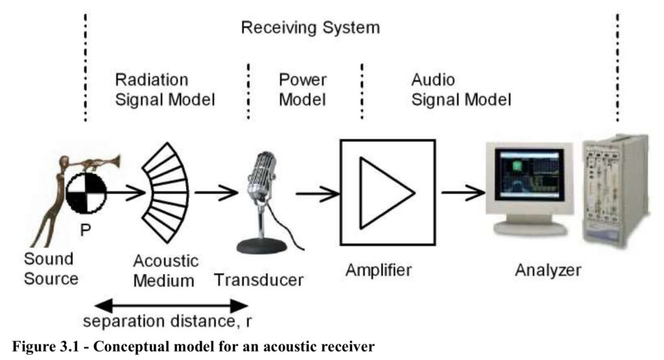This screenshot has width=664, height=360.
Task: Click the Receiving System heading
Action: coord(311,28)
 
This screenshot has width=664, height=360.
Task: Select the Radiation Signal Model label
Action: coord(165,90)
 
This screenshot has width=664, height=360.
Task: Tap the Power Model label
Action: coord(302,90)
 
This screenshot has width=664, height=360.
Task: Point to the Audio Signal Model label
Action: coord(461,90)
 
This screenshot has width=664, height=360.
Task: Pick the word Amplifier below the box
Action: coord(379,270)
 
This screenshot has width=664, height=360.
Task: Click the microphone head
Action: coord(262,174)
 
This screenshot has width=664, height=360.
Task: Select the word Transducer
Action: coord(259,280)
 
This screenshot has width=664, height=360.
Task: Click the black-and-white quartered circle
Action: coord(87,193)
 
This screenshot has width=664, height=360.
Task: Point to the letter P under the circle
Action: coord(86,230)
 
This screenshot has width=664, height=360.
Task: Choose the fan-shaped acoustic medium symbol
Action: coord(166,193)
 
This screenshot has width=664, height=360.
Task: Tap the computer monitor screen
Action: coord(530,174)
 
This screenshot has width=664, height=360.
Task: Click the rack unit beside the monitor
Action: coord(615,190)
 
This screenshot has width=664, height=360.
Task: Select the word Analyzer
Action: coord(548,270)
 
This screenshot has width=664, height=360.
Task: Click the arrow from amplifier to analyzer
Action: coord(463,193)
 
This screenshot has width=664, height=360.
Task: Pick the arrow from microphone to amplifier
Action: coord(318,193)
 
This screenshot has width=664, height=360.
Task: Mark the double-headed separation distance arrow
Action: coord(171,306)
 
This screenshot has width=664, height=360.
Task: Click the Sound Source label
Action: coord(51,269)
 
